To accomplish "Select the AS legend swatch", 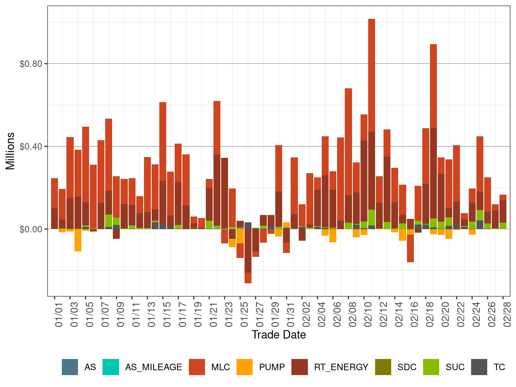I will [70, 367].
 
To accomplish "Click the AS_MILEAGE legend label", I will [153, 367].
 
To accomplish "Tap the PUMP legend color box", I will [245, 367].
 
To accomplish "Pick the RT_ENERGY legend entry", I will [341, 367].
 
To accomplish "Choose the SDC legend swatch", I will [383, 367].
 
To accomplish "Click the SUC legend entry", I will [455, 367].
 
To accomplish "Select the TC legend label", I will [499, 367].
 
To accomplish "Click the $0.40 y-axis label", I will [31, 147].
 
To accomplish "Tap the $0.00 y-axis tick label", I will [31, 229].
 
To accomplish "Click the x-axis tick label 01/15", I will [167, 315].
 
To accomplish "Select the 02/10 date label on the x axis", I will [368, 315].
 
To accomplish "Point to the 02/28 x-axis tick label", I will [507, 315].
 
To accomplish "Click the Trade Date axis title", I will [279, 335].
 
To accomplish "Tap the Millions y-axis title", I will [10, 151].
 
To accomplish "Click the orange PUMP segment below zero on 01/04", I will [78, 240].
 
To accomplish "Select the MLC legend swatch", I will [197, 367].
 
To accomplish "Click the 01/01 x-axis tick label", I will [59, 315].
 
